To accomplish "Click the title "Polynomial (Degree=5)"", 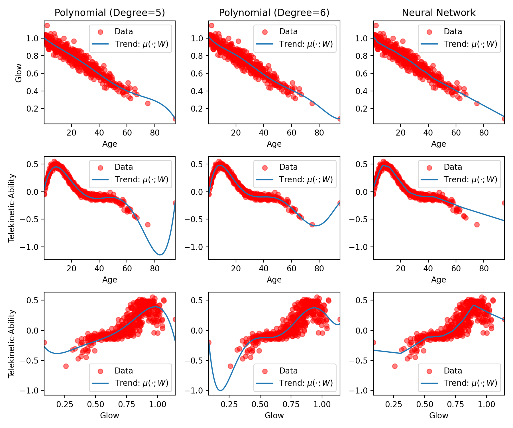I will pyautogui.click(x=110, y=13).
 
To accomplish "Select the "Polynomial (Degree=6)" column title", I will pyautogui.click(x=274, y=13).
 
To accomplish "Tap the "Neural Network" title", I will pyautogui.click(x=439, y=13).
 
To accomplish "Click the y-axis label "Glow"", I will pyautogui.click(x=19, y=73).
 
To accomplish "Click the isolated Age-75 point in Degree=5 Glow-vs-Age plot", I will pyautogui.click(x=148, y=103).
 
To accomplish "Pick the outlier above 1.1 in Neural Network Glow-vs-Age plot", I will pyautogui.click(x=376, y=25).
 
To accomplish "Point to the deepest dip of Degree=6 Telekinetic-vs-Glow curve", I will pyautogui.click(x=220, y=390).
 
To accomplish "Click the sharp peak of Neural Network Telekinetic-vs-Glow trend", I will pyautogui.click(x=473, y=305).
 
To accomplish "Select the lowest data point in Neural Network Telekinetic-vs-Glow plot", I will pyautogui.click(x=395, y=366).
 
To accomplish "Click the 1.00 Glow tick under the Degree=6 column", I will pyautogui.click(x=322, y=404).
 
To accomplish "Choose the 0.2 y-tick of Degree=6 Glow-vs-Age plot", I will pyautogui.click(x=196, y=109).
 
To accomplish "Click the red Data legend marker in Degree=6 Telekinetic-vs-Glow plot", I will pyautogui.click(x=265, y=371).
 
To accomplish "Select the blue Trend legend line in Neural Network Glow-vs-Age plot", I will pyautogui.click(x=429, y=44).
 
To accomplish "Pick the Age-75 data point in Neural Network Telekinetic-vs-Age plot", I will pyautogui.click(x=477, y=225).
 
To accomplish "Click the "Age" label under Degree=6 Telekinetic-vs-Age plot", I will pyautogui.click(x=274, y=280).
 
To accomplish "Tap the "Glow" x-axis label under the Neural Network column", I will pyautogui.click(x=439, y=415).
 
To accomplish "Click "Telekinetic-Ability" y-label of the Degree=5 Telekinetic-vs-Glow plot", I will pyautogui.click(x=12, y=344).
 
